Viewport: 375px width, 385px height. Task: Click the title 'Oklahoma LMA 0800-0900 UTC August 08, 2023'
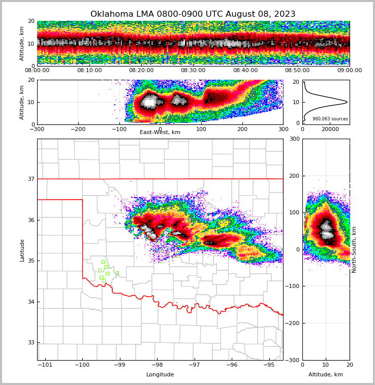point(193,14)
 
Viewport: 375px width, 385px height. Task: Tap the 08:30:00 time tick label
point(193,71)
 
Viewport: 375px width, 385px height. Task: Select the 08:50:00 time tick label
point(297,71)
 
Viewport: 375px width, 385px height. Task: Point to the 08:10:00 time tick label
point(89,71)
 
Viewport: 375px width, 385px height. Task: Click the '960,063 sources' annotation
point(330,119)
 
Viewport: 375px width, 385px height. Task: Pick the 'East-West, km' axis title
point(160,133)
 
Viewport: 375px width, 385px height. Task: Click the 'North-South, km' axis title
point(354,249)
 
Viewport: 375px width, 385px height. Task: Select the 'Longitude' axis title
point(160,375)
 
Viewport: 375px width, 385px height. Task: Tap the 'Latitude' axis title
point(22,250)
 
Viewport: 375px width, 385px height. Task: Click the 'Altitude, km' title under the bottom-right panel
point(326,375)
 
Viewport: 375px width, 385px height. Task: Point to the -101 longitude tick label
point(45,365)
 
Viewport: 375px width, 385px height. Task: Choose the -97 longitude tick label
point(195,365)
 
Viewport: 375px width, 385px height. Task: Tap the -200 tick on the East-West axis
point(78,129)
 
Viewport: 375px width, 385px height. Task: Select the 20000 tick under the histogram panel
point(330,129)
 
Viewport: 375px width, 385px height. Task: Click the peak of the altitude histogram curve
point(347,102)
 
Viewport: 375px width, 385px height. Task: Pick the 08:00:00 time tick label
point(37,71)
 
